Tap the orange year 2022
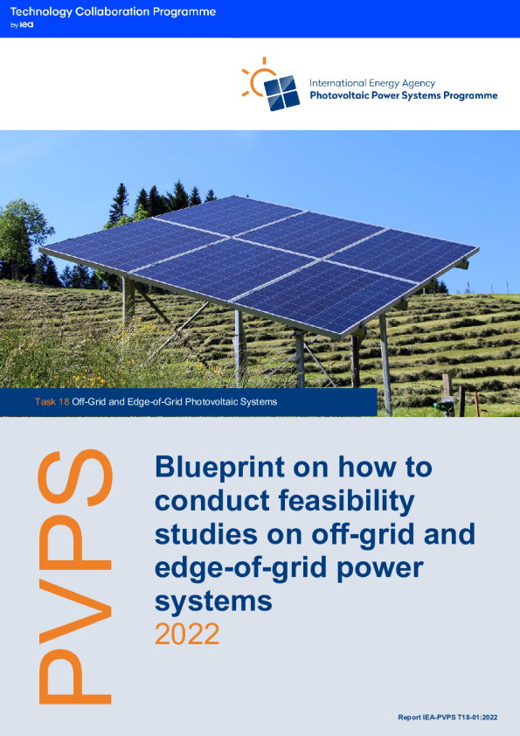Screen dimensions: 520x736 pyautogui.click(x=187, y=634)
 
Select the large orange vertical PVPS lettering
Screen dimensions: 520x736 pyautogui.click(x=75, y=577)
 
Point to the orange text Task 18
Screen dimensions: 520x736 pyautogui.click(x=52, y=402)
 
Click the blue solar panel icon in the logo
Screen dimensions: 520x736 pyautogui.click(x=281, y=93)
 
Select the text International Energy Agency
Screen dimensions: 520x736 pyautogui.click(x=372, y=83)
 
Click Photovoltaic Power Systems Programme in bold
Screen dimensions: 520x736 pyautogui.click(x=403, y=95)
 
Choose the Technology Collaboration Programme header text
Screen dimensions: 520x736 pyautogui.click(x=113, y=12)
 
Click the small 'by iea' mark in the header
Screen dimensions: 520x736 pyautogui.click(x=22, y=24)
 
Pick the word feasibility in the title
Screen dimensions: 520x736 pyautogui.click(x=347, y=501)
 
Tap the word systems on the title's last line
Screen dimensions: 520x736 pyautogui.click(x=213, y=601)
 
